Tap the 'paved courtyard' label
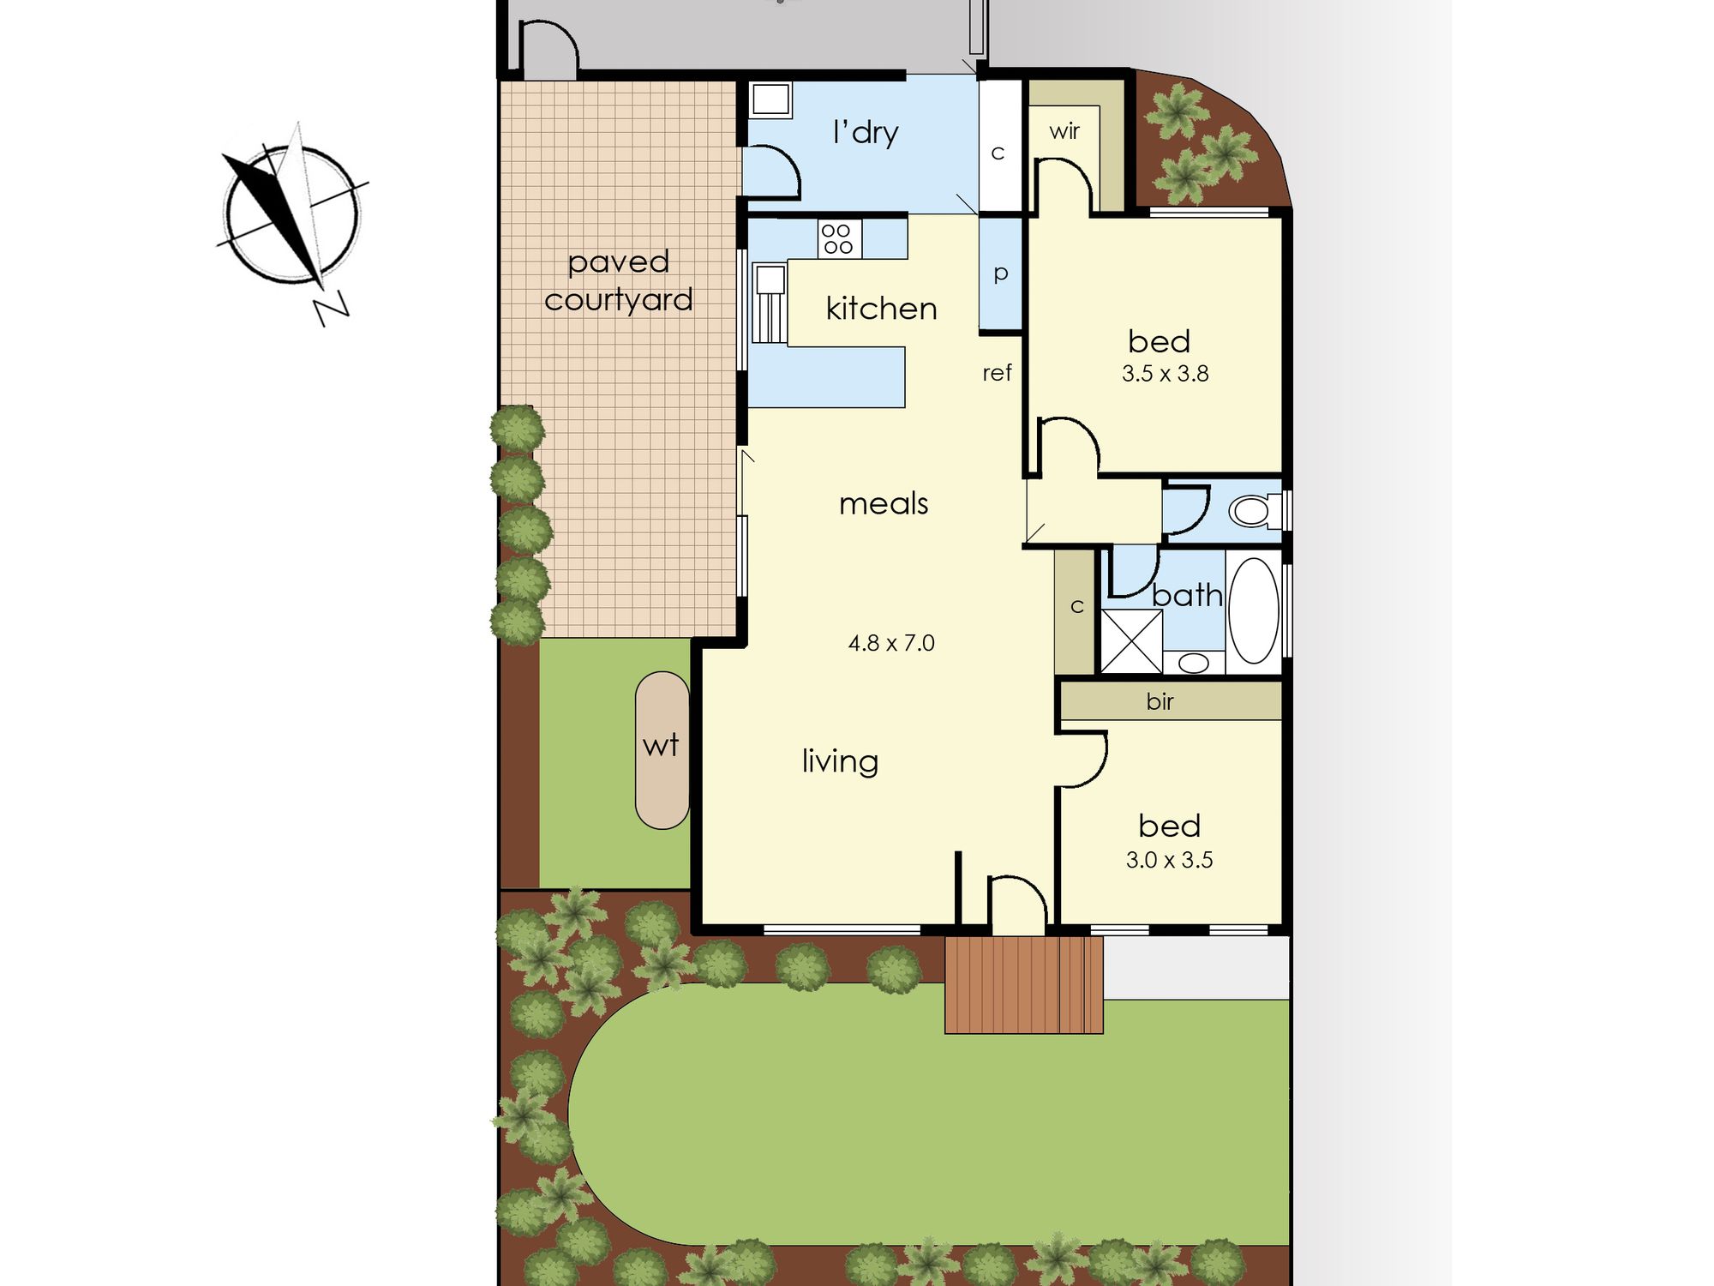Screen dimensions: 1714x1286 coord(618,280)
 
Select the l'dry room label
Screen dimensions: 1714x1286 coord(866,133)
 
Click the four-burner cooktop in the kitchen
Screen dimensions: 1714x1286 coord(837,239)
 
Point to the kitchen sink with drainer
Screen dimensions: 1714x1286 coord(770,303)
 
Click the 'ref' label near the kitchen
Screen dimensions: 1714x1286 coord(997,373)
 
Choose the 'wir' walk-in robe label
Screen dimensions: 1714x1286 coord(1064,131)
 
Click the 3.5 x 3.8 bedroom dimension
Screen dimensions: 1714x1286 coord(1165,374)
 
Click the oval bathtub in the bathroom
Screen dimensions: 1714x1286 coord(1254,610)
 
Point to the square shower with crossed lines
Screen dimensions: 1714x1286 coord(1131,640)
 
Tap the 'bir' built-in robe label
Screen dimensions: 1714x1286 coord(1160,701)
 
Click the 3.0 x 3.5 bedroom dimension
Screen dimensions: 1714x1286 coord(1169,860)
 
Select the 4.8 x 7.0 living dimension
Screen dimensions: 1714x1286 coord(891,643)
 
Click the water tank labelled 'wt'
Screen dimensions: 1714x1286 coord(662,750)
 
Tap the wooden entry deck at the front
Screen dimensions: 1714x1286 coord(1023,984)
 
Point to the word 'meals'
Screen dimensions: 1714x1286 coord(884,503)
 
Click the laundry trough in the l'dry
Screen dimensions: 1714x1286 coord(770,99)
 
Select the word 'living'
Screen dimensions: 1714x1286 coord(840,761)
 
